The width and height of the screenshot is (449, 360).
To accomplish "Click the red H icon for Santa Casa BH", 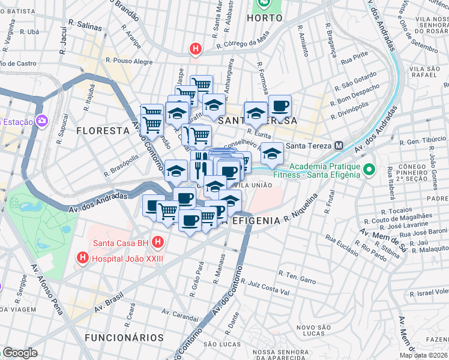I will [157, 243].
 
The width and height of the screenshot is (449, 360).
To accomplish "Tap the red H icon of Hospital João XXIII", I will [82, 259].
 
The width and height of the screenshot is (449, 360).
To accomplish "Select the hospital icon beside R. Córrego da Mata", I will [195, 50].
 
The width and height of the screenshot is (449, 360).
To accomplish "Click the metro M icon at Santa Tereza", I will [339, 146].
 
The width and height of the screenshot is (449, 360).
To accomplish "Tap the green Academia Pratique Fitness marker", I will [369, 171].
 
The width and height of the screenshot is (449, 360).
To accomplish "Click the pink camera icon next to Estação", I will [42, 122].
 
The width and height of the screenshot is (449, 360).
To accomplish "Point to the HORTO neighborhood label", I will [264, 18].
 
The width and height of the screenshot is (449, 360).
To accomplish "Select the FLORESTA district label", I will [103, 130].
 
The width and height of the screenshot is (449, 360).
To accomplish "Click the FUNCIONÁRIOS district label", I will [124, 338].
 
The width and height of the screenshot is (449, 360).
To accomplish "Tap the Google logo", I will [20, 353].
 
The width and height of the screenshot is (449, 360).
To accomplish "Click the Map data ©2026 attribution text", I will [424, 355].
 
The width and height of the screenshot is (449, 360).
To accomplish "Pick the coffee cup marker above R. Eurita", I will [280, 107].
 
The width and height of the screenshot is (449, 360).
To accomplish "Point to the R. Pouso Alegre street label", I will [128, 61].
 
